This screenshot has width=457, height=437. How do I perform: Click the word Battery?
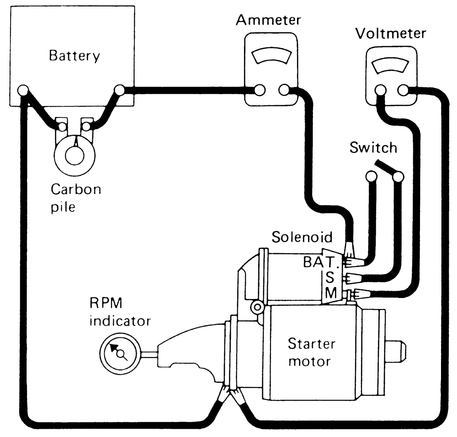coord(74,56)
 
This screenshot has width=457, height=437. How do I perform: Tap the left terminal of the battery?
coord(23,90)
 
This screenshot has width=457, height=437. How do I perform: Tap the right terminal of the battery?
coord(119,90)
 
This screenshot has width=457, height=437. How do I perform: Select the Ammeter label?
coord(268,20)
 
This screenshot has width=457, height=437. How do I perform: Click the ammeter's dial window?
coord(271,56)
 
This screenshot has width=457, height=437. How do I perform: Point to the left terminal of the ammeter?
coord(260,90)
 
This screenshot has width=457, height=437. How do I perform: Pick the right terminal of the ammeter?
coord(284,90)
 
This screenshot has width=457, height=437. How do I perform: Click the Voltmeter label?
coord(391,33)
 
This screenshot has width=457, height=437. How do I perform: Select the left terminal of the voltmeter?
coord(380,90)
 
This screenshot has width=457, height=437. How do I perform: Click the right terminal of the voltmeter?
coord(403,90)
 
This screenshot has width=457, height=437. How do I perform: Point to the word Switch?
coord(373,148)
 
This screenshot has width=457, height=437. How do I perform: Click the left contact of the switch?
coord(371,176)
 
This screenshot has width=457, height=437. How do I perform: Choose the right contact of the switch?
coord(399,176)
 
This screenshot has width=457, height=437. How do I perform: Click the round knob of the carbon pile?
coord(74,156)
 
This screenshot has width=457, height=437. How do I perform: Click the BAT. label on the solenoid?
coord(321,262)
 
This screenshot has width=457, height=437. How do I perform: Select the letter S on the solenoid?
coord(330,277)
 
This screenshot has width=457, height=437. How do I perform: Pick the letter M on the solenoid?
coord(331,293)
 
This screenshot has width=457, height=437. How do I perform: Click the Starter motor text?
coord(311,352)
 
